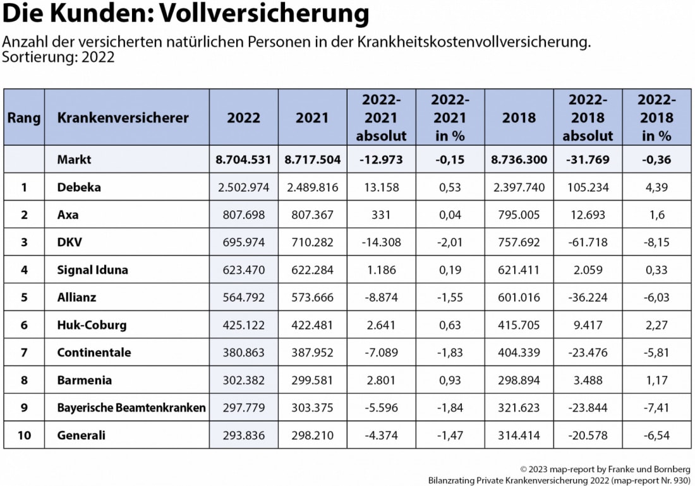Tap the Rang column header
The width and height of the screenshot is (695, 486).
point(24,117)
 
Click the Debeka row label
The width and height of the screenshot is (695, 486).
point(78,187)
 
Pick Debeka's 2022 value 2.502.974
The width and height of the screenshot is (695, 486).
point(243,187)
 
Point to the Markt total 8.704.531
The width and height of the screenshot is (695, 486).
point(243,160)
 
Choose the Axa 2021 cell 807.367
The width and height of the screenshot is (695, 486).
point(313,215)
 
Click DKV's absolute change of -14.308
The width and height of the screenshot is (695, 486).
point(381,242)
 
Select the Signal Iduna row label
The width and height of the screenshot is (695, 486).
point(92,270)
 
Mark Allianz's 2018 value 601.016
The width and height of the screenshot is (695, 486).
point(519,297)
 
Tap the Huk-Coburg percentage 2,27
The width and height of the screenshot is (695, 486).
point(656,325)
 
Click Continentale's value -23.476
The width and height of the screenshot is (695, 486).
point(588,352)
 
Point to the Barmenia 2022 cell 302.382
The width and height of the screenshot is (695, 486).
point(243,380)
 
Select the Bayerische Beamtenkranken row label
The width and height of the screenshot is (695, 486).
point(131,408)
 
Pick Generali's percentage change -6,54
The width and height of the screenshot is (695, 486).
point(656,435)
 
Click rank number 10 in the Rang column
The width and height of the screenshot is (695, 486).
point(24,435)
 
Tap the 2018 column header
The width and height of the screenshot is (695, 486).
point(519,117)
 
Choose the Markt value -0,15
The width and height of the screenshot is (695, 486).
point(450,160)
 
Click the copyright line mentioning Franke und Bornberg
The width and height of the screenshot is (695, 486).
point(605,470)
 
